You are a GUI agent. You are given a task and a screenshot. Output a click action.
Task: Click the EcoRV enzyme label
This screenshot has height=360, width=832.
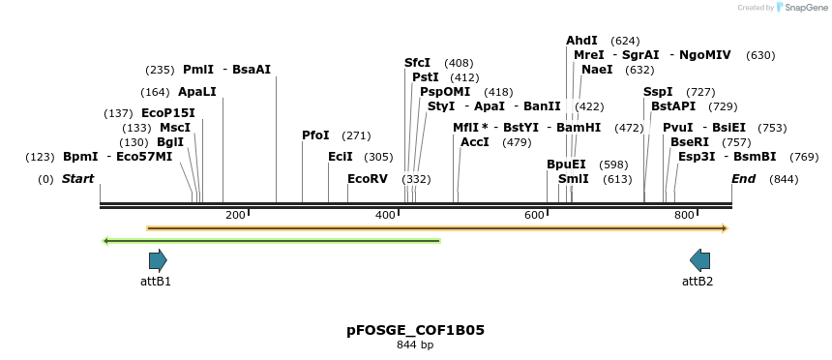368,179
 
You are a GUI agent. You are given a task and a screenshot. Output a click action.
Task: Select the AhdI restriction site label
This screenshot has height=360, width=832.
581,41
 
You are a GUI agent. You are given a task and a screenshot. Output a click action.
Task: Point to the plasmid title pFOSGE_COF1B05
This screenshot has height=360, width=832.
416,330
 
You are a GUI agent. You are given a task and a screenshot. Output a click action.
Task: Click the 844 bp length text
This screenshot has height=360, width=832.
416,345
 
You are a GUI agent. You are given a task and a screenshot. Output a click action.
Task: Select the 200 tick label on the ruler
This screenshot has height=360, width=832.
235,215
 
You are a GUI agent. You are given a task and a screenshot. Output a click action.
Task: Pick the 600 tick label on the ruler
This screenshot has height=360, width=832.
535,215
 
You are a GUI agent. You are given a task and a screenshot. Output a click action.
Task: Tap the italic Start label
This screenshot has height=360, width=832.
78,179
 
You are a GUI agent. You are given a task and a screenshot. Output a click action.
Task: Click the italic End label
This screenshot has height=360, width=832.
744,179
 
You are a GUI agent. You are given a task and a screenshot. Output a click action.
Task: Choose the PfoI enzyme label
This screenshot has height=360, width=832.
315,135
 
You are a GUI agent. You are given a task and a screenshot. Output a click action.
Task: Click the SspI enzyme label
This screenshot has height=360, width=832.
658,92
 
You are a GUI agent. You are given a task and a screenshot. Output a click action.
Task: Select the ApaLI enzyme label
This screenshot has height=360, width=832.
197,92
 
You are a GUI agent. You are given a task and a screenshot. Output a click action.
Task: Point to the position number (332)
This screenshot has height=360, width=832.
416,179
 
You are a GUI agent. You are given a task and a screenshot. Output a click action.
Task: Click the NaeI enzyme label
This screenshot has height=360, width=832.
597,70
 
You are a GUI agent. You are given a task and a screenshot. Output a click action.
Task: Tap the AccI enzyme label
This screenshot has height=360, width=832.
475,142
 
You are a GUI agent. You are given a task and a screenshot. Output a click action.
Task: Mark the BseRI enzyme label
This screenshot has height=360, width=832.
690,142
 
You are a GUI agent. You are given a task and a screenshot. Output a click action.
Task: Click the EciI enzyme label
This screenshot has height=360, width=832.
341,157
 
